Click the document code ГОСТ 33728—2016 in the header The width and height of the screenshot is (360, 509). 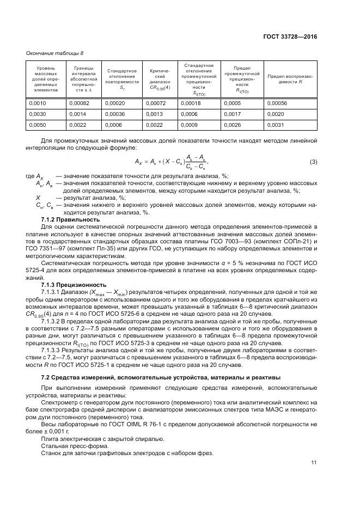[290, 36]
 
